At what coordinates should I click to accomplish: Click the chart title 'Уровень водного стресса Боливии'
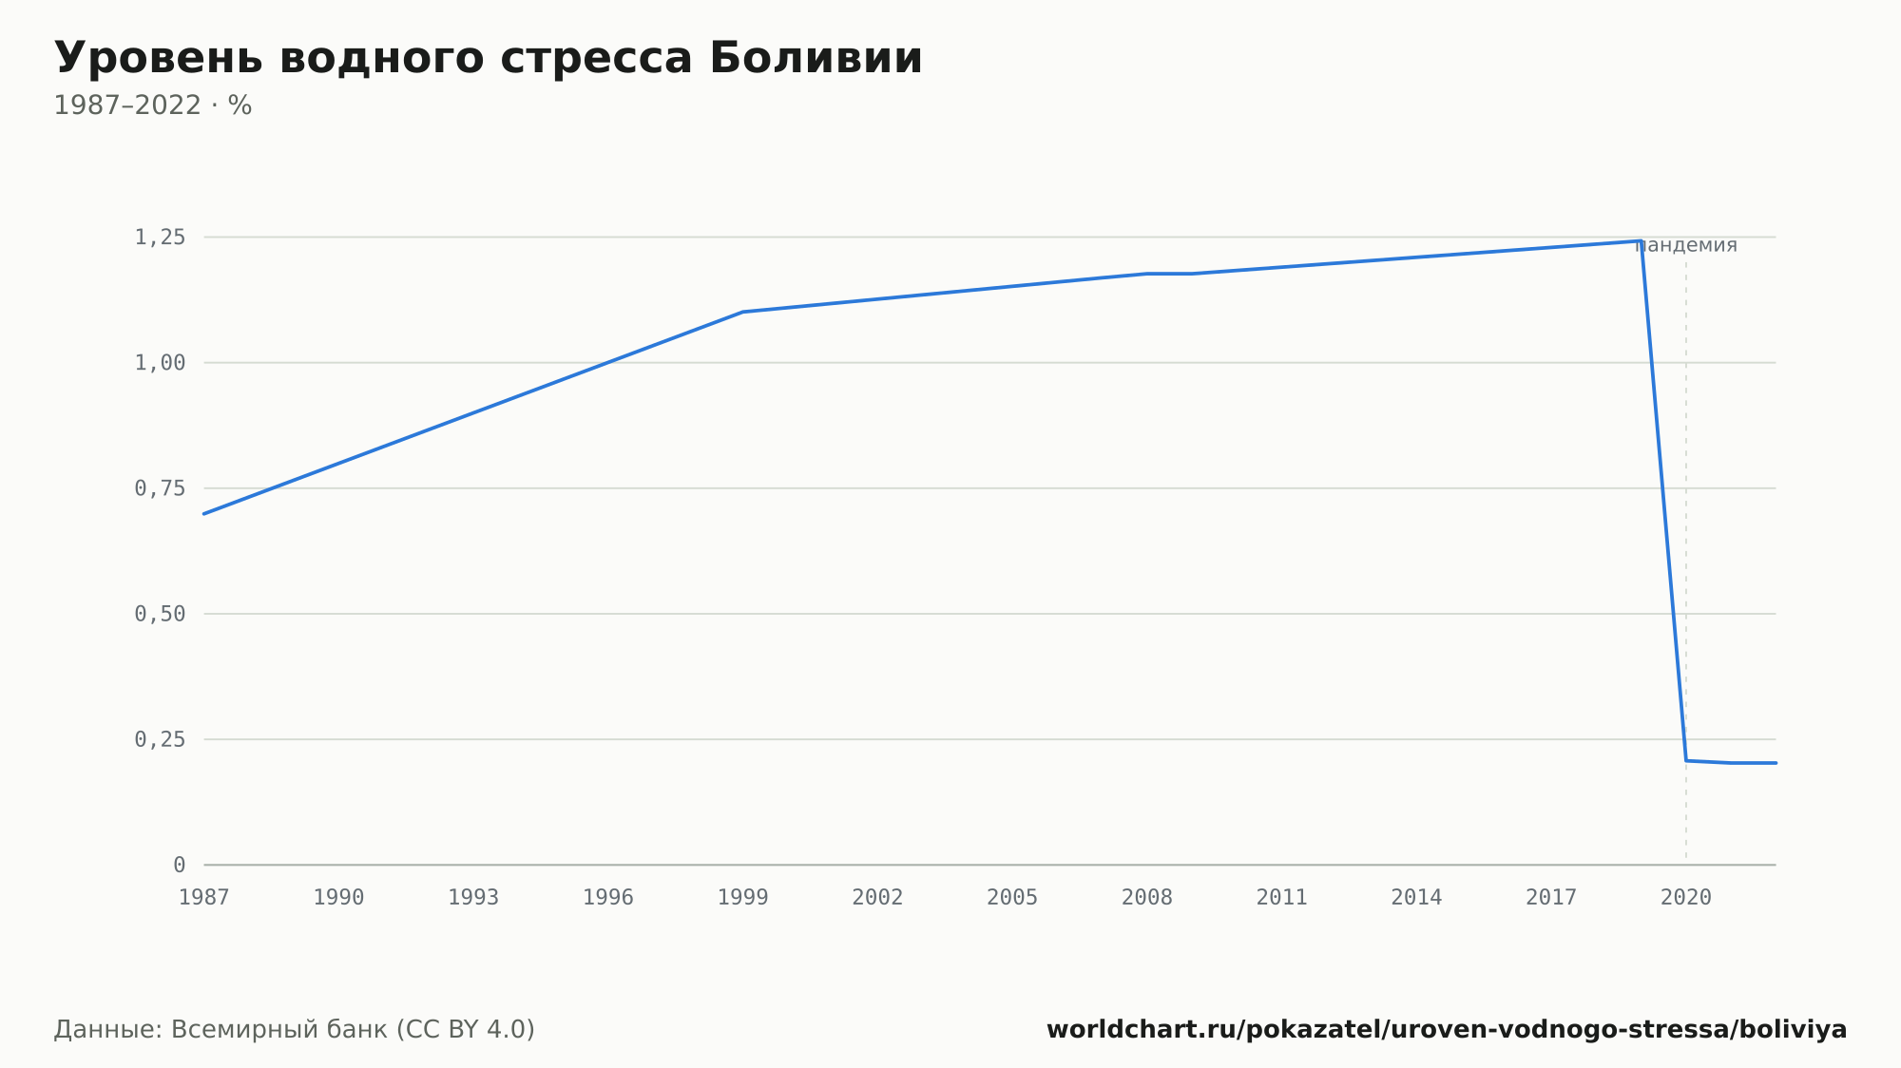(x=489, y=59)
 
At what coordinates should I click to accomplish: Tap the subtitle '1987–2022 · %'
(x=153, y=105)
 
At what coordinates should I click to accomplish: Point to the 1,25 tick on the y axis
(x=160, y=238)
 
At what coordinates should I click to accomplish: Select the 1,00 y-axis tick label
(x=160, y=363)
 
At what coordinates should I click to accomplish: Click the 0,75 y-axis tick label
(x=160, y=488)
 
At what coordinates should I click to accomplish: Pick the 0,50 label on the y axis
(x=160, y=614)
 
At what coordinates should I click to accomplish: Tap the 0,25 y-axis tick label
(x=160, y=739)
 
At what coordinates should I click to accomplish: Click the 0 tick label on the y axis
(x=180, y=865)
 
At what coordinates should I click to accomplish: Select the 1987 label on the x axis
(x=204, y=898)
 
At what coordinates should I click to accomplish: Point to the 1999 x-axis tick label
(x=743, y=898)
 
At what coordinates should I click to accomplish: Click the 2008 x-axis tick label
(x=1147, y=898)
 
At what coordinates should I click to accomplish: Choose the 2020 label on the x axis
(x=1686, y=898)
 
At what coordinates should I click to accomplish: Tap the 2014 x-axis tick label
(x=1417, y=898)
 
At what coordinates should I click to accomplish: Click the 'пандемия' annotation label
(x=1686, y=246)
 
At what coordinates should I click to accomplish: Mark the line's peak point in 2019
(x=1642, y=241)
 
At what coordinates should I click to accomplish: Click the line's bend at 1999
(x=743, y=312)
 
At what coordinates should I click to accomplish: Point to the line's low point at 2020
(x=1686, y=761)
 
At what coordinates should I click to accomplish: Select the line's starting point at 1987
(x=204, y=514)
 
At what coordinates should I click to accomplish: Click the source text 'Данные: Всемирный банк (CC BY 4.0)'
(x=295, y=1030)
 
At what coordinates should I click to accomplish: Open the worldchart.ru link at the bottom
(x=1447, y=1030)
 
